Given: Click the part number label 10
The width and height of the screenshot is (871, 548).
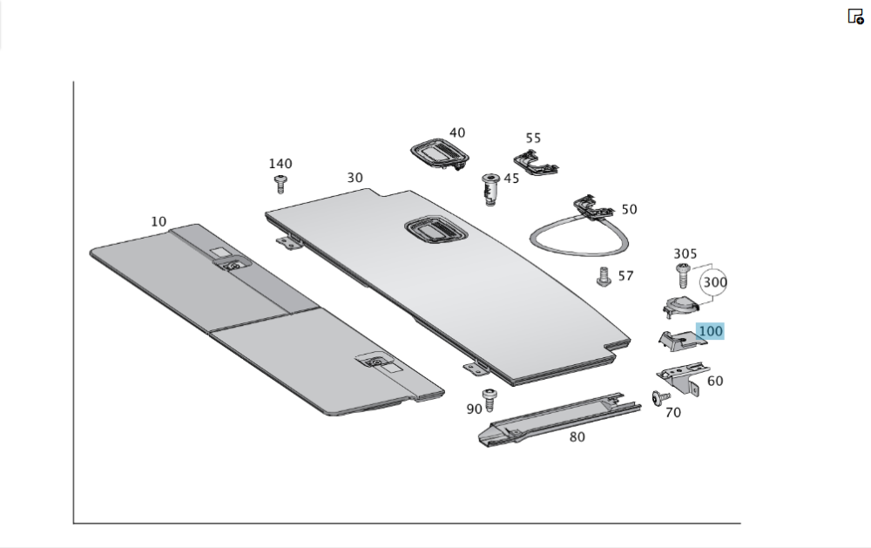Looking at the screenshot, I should pos(159,221).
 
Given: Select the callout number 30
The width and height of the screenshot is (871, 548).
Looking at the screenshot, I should pos(354,178).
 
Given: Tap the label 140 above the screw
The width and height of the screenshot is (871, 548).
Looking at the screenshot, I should pos(280,164).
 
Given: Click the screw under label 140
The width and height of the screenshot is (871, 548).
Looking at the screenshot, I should pos(280,183).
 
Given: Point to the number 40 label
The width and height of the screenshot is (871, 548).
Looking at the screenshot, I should pos(457,133).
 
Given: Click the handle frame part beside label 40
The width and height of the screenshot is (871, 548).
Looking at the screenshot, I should pos(439,154).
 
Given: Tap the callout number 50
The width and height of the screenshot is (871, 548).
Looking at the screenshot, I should pos(629,209).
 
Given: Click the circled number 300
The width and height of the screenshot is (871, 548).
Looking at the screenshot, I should pos(715,282).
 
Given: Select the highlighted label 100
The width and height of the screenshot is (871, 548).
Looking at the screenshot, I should pos(711,331).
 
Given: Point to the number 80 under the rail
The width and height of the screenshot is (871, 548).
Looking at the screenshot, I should pos(577,436).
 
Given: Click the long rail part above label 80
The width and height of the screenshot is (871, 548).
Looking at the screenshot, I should pos(557,417).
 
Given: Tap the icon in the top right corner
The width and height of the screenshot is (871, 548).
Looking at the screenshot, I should pos(855,16).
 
